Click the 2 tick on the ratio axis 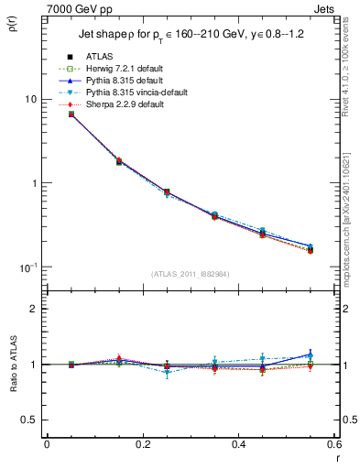point(33,309)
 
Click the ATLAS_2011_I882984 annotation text point(190,275)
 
